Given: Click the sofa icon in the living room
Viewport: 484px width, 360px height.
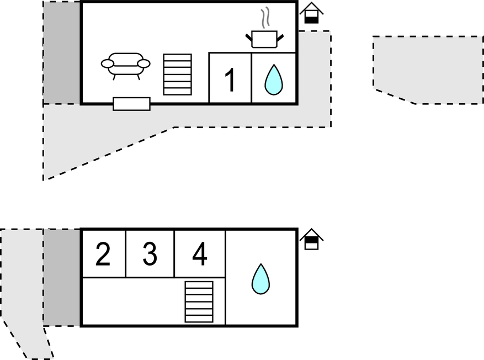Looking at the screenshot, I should [126, 65].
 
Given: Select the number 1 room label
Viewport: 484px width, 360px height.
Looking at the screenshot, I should [230, 80].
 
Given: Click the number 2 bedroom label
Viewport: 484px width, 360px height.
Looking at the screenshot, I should [103, 254].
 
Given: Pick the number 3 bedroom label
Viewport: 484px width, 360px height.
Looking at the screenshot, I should [150, 254].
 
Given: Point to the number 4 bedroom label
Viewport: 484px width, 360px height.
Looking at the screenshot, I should [200, 254].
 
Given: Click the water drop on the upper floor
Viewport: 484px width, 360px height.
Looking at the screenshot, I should [273, 80].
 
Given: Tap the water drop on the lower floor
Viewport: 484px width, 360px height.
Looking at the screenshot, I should [260, 279].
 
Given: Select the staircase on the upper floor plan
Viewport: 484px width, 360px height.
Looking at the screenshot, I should [178, 74].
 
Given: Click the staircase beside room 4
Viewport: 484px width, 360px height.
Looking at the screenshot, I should [199, 301].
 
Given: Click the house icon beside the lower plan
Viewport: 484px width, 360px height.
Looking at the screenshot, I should [311, 240].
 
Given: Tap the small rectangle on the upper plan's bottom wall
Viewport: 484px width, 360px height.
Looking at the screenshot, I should [131, 104].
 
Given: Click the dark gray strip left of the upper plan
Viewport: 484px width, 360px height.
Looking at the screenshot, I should [62, 52].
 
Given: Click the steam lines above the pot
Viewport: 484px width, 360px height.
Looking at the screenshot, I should [265, 18].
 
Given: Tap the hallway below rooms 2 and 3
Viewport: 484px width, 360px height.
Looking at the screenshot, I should [132, 301].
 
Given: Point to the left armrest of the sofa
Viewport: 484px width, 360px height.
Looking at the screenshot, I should [108, 64].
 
